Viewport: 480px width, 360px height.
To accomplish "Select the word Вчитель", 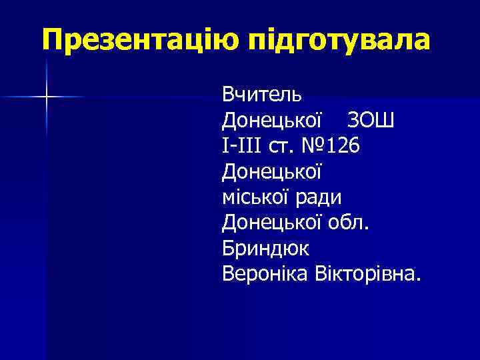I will click(x=262, y=93).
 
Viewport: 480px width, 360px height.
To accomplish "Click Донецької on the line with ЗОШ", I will click(x=273, y=122).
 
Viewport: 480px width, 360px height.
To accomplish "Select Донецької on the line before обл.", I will click(x=273, y=222).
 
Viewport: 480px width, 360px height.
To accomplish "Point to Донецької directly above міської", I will click(x=273, y=172).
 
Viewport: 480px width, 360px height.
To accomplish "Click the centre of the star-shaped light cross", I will click(x=47, y=98).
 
